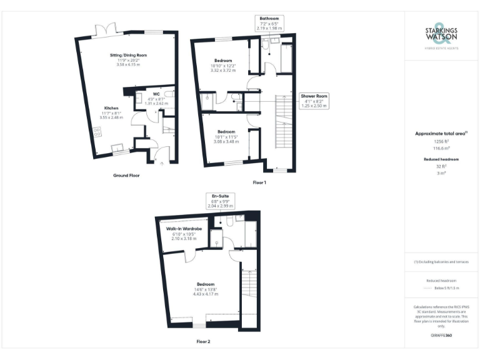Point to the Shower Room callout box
click(x=315, y=101)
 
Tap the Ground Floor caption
click(x=126, y=176)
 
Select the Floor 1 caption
click(x=259, y=182)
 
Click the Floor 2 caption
click(x=203, y=342)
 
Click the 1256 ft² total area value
click(x=441, y=142)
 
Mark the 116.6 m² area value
click(x=441, y=149)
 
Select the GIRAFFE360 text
click(x=441, y=336)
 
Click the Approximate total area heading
click(x=441, y=133)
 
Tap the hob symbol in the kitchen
click(x=97, y=132)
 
